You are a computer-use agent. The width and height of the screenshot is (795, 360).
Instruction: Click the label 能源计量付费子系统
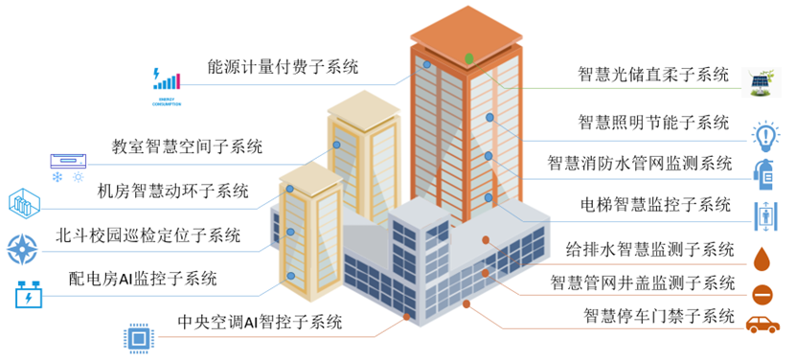coord(283,68)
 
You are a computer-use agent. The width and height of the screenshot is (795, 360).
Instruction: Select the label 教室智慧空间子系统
coord(187,147)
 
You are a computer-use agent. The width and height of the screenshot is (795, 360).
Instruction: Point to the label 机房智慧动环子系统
coord(172,191)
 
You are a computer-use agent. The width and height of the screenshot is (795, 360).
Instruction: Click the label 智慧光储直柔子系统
coord(654,75)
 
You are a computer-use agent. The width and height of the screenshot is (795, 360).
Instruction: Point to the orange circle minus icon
coord(764,293)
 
